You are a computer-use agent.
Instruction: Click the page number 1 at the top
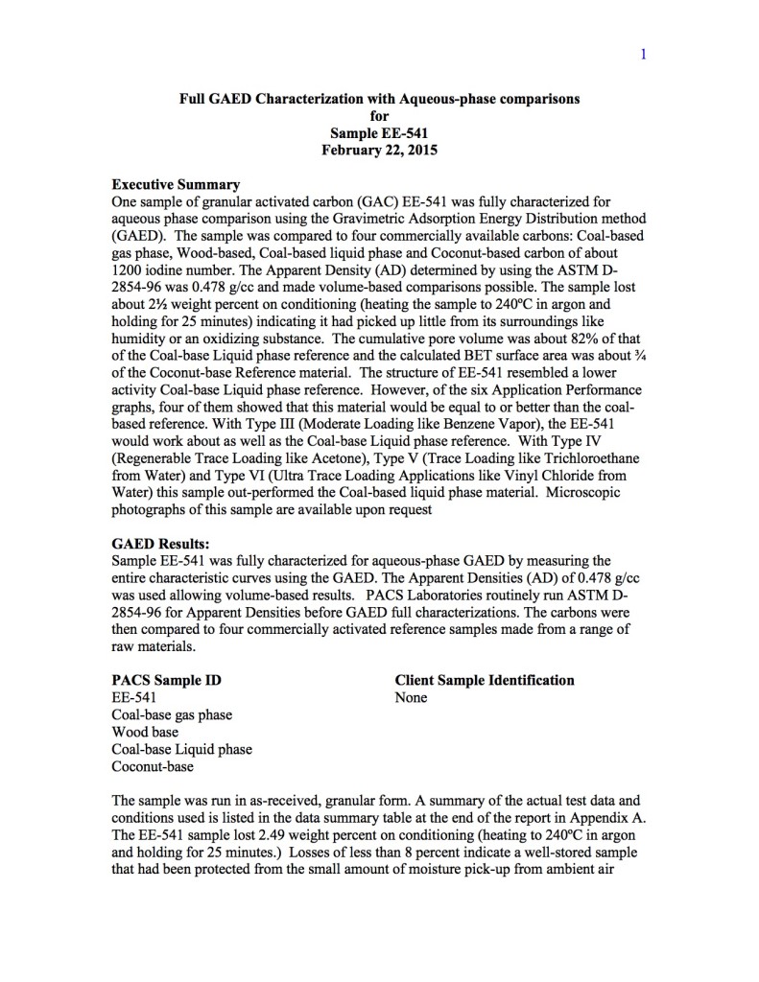click(x=643, y=54)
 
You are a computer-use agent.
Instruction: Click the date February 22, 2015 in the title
click(x=379, y=149)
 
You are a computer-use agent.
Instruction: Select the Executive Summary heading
click(x=176, y=184)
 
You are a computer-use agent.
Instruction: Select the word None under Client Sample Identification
click(x=411, y=697)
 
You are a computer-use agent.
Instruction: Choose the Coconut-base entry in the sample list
click(x=153, y=766)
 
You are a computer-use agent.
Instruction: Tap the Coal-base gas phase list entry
click(x=172, y=714)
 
